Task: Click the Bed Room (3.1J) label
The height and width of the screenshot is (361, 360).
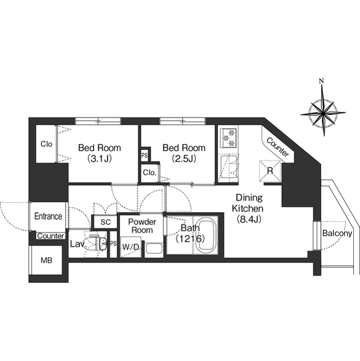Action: point(100,153)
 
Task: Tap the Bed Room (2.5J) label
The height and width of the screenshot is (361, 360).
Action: point(184,153)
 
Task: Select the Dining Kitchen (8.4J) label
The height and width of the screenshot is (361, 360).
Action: point(248,209)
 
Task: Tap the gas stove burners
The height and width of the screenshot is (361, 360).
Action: point(229,138)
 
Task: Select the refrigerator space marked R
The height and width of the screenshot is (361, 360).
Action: point(270,171)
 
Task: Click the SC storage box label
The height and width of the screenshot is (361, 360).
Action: point(105,222)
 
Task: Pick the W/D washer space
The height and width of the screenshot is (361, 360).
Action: point(131,247)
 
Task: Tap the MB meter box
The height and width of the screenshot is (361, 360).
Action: point(46,260)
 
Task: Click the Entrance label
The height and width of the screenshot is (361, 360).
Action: point(48,216)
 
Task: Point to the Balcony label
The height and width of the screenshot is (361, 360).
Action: point(337,234)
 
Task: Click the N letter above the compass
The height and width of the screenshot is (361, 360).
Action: point(321,81)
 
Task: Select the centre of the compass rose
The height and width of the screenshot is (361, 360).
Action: point(323,113)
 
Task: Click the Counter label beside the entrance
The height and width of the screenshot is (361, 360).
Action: point(51,236)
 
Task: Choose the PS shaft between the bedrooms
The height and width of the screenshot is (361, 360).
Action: point(145,156)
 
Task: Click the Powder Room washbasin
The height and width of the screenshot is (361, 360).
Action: point(154,250)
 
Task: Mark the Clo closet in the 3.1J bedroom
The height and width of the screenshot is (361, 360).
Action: point(46,144)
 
